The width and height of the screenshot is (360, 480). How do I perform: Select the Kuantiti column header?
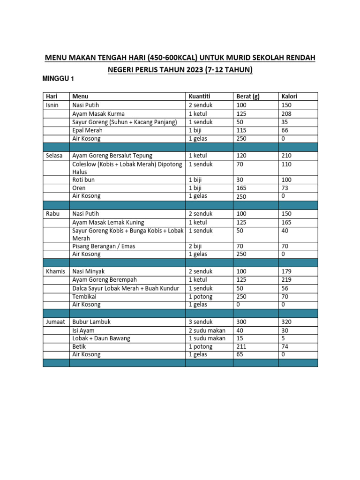pyautogui.click(x=200, y=97)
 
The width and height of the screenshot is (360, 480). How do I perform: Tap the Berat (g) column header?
pyautogui.click(x=248, y=97)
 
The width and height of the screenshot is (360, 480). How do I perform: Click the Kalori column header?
pyautogui.click(x=289, y=97)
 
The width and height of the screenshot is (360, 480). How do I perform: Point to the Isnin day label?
pyautogui.click(x=52, y=105)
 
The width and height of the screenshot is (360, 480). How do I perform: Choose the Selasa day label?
pyautogui.click(x=54, y=156)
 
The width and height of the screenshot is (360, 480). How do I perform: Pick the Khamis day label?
pyautogui.click(x=56, y=271)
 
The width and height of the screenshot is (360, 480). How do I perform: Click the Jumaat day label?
pyautogui.click(x=56, y=322)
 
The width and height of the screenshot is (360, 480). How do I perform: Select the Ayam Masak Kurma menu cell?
pyautogui.click(x=98, y=113)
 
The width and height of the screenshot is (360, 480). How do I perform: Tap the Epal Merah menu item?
pyautogui.click(x=87, y=130)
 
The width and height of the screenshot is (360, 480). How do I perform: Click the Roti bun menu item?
pyautogui.click(x=83, y=180)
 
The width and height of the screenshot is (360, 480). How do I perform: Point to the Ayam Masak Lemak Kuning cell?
pyautogui.click(x=108, y=222)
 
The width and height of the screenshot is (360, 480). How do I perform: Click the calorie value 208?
pyautogui.click(x=286, y=113)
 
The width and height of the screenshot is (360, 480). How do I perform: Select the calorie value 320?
pyautogui.click(x=286, y=322)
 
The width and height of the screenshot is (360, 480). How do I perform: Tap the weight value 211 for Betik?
pyautogui.click(x=241, y=347)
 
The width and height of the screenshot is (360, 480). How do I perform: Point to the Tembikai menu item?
pyautogui.click(x=84, y=297)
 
